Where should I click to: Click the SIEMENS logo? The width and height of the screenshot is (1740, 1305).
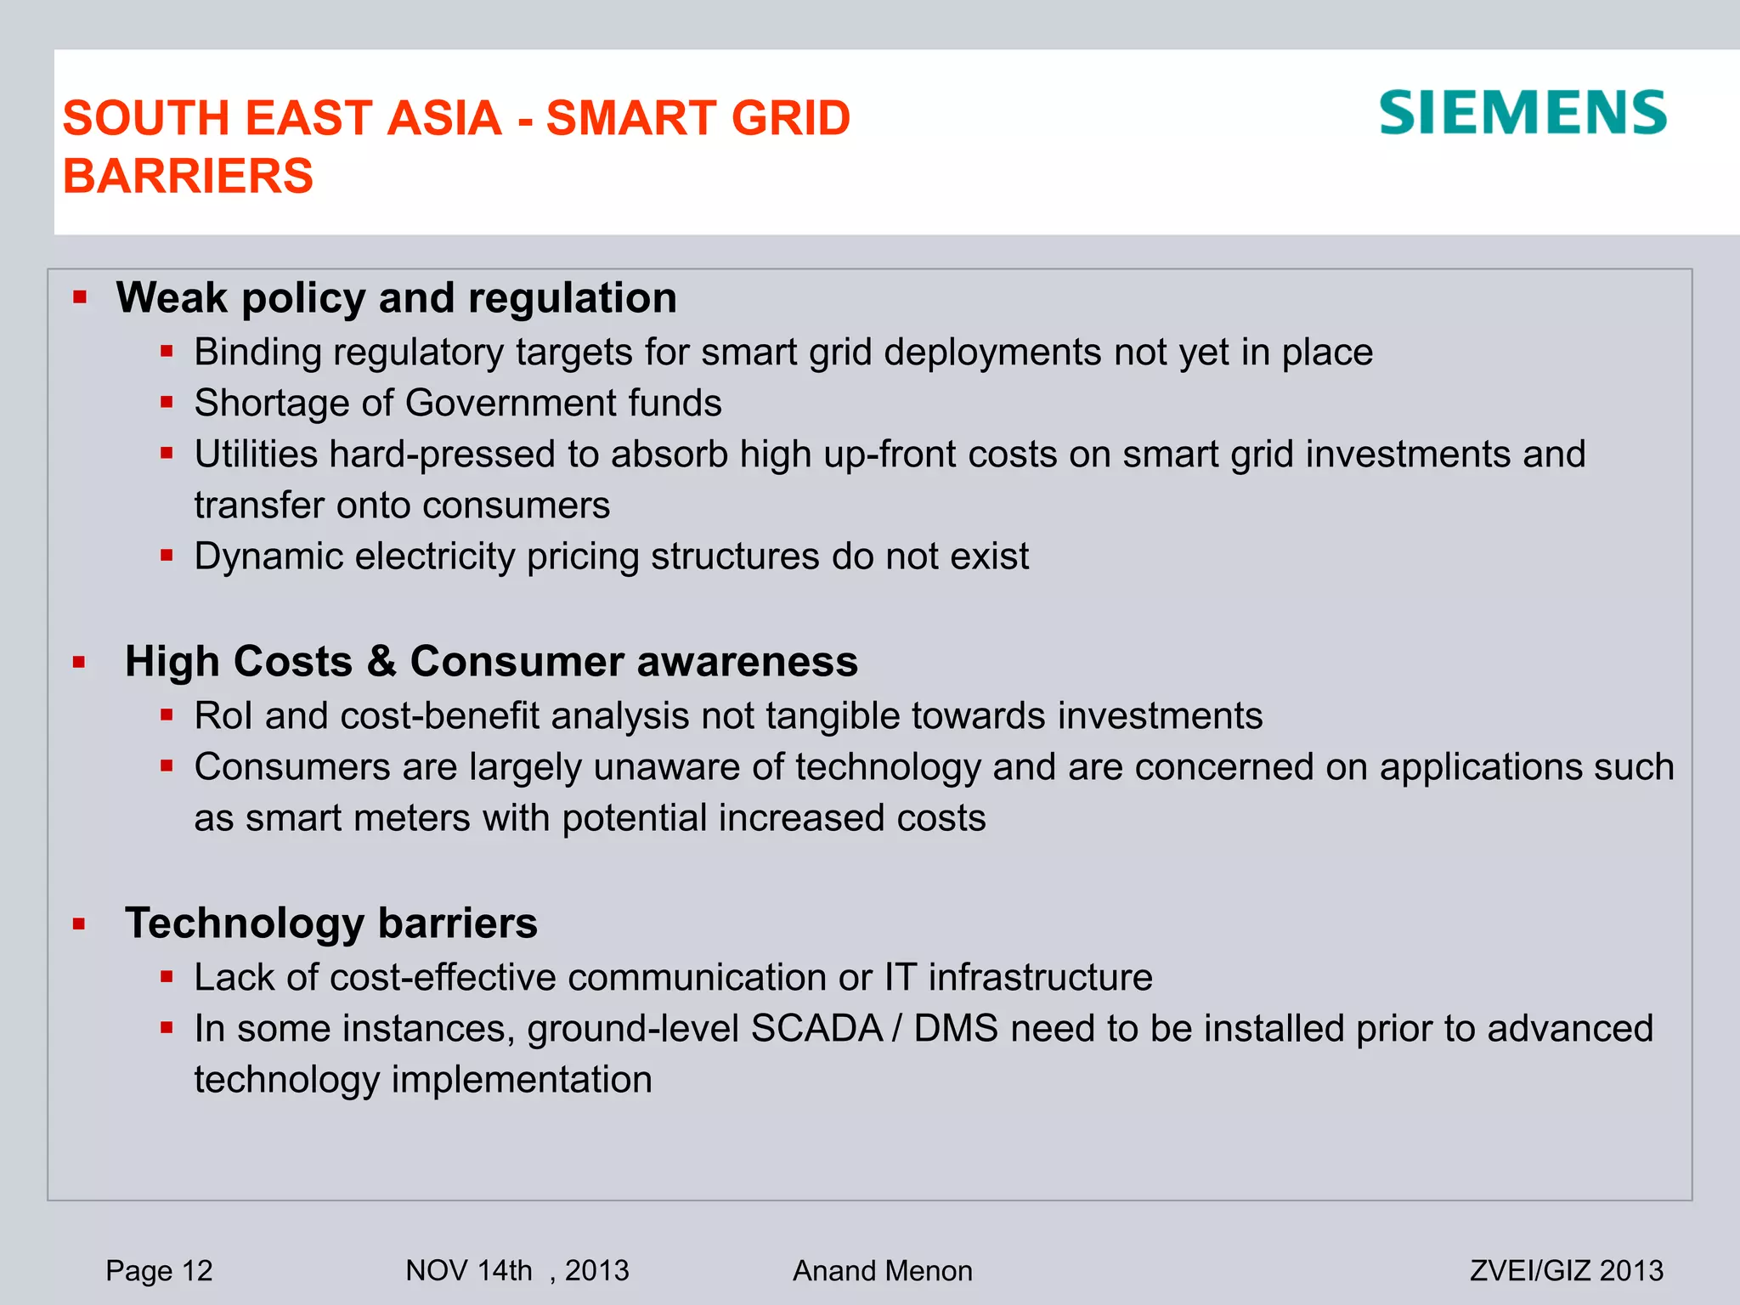click(x=1522, y=113)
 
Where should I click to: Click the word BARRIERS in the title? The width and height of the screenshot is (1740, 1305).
click(x=188, y=176)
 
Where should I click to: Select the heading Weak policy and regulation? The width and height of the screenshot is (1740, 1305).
click(x=396, y=298)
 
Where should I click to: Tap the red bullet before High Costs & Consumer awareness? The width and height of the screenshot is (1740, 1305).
click(x=80, y=662)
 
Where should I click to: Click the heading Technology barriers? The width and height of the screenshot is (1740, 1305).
click(x=331, y=923)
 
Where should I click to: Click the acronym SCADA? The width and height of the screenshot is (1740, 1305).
click(x=816, y=1029)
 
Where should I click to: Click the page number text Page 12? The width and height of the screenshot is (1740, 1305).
click(x=159, y=1270)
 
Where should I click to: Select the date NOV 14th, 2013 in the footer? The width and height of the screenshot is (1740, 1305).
click(x=517, y=1270)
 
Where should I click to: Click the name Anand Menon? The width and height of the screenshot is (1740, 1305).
click(x=882, y=1270)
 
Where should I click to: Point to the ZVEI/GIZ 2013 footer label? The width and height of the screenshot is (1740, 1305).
click(x=1566, y=1270)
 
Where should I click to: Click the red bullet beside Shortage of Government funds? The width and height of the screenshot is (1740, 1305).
click(x=167, y=402)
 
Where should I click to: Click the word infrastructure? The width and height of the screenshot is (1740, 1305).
click(x=1040, y=977)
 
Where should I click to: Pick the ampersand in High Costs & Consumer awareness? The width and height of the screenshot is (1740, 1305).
click(x=381, y=662)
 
